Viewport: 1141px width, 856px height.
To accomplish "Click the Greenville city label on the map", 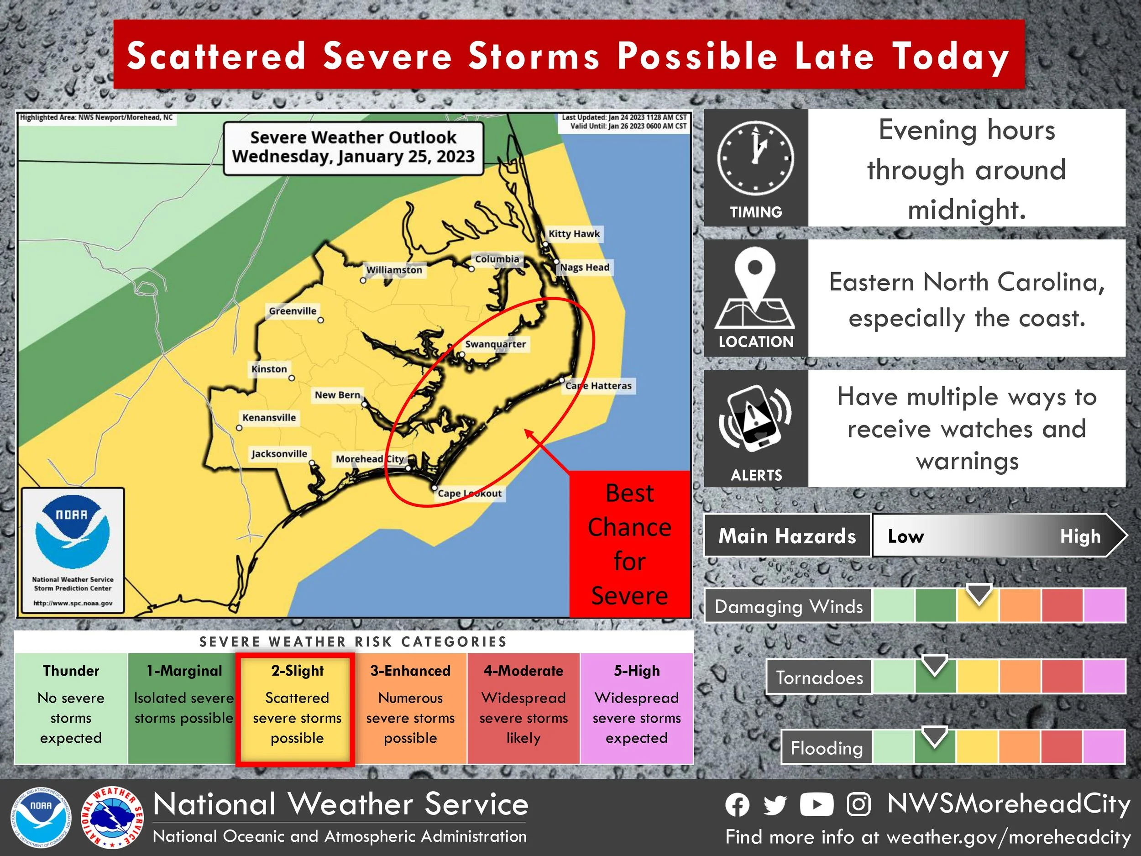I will [293, 311].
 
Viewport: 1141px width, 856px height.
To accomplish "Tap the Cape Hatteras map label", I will [598, 385].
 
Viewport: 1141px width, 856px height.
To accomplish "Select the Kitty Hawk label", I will [574, 234].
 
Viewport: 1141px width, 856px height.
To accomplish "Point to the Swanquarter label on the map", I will [495, 344].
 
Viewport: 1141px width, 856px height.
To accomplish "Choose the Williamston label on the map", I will [394, 270].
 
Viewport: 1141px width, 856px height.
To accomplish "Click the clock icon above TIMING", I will [755, 158].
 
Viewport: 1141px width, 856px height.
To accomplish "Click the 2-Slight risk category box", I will [297, 709].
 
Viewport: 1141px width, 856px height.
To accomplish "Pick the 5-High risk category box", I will [637, 709].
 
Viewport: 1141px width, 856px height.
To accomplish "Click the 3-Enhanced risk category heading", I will [410, 671].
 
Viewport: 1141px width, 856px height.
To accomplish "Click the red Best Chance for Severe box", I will [629, 544].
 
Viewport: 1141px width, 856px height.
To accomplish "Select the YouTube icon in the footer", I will [816, 804].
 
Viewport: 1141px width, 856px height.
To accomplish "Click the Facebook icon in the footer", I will [737, 805].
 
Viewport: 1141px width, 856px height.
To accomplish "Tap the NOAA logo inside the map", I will [72, 531].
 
